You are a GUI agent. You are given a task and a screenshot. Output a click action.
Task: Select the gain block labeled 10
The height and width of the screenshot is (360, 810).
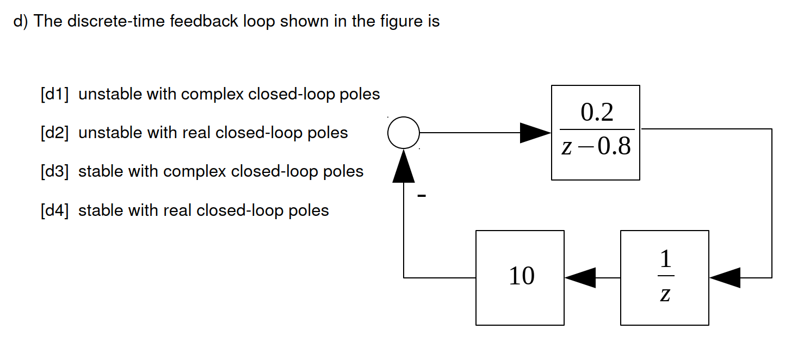click(x=520, y=277)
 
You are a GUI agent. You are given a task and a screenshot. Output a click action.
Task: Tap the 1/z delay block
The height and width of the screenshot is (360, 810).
click(x=664, y=277)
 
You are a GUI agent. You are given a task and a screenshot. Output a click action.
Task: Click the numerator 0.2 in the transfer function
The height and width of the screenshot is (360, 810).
click(x=597, y=113)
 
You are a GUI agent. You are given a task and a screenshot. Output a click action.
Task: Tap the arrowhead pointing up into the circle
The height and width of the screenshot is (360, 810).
click(x=404, y=165)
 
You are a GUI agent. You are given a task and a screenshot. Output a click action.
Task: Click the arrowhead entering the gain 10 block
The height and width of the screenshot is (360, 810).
click(x=580, y=277)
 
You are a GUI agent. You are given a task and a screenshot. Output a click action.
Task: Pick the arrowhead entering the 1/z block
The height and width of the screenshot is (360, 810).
click(x=725, y=277)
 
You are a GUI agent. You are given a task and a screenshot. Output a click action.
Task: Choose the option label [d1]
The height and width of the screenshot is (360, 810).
click(x=54, y=95)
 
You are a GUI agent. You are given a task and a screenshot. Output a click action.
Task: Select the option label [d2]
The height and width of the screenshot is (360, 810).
click(x=54, y=133)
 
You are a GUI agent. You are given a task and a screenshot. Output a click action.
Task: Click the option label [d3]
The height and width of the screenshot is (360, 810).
click(x=54, y=172)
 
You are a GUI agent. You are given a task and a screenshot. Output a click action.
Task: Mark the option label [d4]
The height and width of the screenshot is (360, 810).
click(x=54, y=210)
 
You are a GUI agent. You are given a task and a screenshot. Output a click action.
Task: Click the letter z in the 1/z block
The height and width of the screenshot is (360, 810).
click(x=665, y=294)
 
